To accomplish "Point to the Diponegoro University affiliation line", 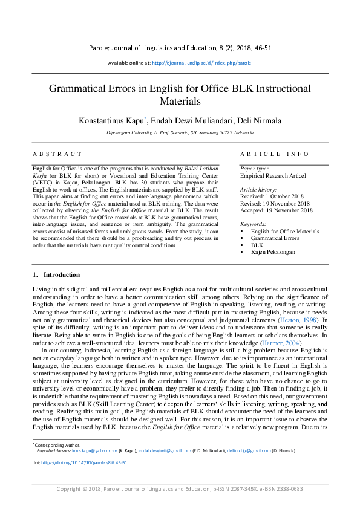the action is (180, 132).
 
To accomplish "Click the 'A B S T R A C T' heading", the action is (57, 155).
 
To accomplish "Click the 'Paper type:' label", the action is (255, 169).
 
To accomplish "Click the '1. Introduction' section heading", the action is (57, 275).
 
